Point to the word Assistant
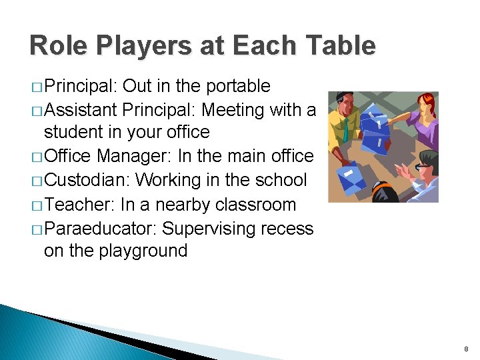click(x=80, y=109)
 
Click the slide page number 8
click(x=466, y=349)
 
